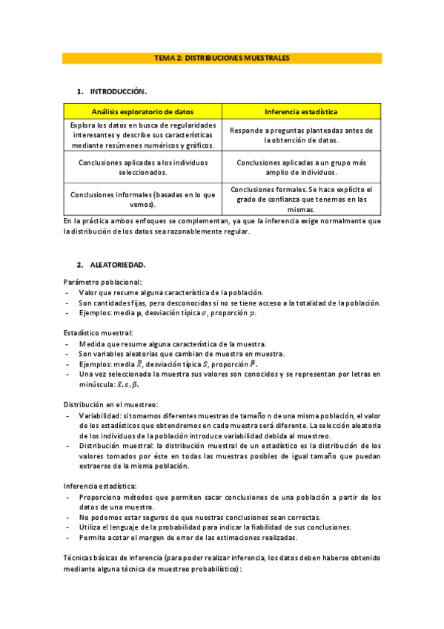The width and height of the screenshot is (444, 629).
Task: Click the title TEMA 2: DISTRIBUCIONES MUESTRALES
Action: pos(222,57)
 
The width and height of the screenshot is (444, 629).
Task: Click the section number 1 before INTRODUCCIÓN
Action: pos(79,92)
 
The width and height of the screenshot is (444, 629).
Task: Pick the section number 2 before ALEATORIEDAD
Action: pos(79,264)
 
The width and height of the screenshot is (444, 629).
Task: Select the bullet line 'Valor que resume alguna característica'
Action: pos(170,292)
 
